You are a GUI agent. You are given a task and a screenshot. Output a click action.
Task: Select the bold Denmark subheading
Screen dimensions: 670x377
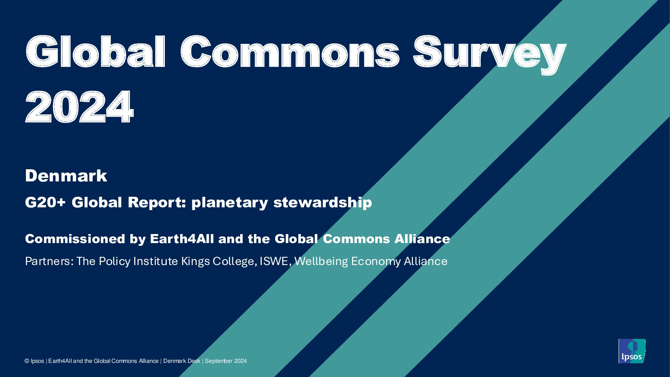coord(66,176)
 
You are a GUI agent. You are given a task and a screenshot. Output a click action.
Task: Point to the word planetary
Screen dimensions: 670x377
coord(230,203)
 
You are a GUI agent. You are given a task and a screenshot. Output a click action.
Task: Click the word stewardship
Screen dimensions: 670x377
coord(323,203)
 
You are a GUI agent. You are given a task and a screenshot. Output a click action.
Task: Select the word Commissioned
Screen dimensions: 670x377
coord(75,239)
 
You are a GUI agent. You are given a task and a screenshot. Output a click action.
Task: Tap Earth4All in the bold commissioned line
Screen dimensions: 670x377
coord(182,239)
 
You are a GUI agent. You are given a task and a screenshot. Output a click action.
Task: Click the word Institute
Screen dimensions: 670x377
coord(155,262)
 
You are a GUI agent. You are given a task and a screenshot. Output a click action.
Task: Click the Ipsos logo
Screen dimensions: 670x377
coord(632,351)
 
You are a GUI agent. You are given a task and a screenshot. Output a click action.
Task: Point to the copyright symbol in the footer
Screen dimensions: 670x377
coord(27,361)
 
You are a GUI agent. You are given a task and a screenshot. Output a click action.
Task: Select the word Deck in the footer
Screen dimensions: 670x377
coord(194,361)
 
